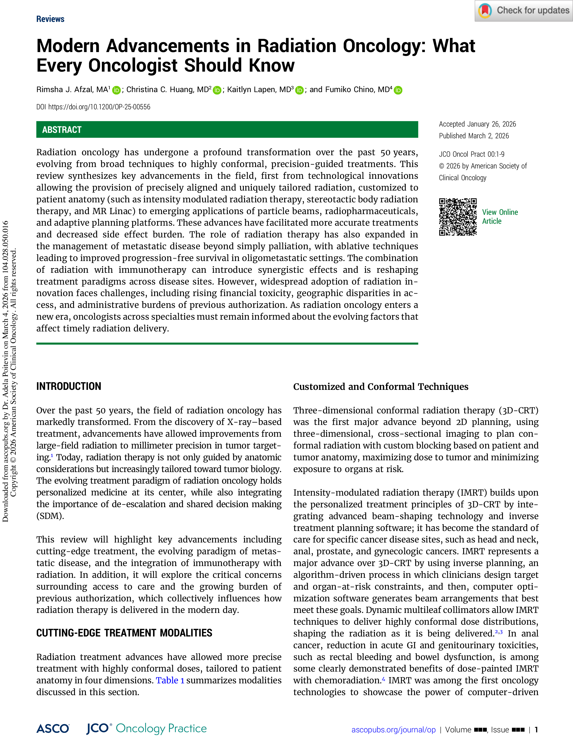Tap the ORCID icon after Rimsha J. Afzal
pyautogui.click(x=116, y=90)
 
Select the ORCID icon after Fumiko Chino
pyautogui.click(x=398, y=90)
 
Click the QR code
pyautogui.click(x=458, y=217)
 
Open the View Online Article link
pyautogui.click(x=500, y=217)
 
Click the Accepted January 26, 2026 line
pyautogui.click(x=477, y=124)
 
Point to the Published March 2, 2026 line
pyautogui.click(x=473, y=136)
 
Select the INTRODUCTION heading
pyautogui.click(x=69, y=386)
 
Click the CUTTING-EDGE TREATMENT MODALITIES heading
pyautogui.click(x=124, y=633)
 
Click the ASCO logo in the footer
pyautogui.click(x=53, y=729)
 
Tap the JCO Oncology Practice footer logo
pyautogui.click(x=146, y=729)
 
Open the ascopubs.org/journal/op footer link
pyautogui.click(x=393, y=730)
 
